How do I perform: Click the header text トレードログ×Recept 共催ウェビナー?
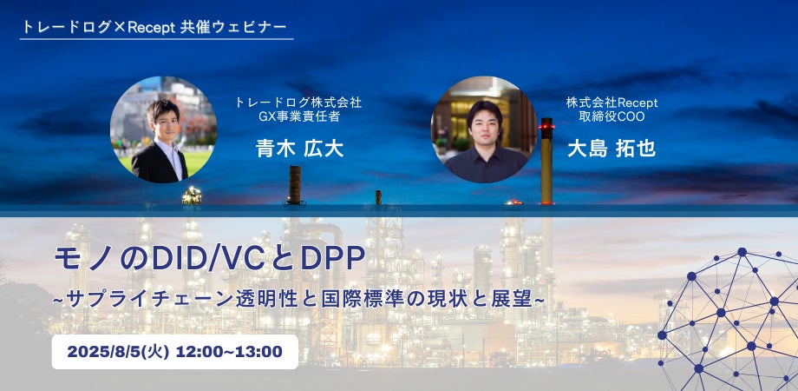[154, 27]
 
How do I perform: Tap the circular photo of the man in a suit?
[163, 129]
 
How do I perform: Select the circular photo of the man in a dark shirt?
[484, 129]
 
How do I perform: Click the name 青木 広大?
[300, 149]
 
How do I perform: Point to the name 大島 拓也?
[612, 149]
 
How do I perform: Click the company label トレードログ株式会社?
[298, 103]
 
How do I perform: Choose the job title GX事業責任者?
[299, 116]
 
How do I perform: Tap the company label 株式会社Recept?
[612, 103]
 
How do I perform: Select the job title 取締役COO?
[612, 116]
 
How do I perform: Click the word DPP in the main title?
[332, 260]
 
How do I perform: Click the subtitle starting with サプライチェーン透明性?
[299, 299]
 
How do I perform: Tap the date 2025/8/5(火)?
[118, 352]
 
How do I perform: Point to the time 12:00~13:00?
[229, 352]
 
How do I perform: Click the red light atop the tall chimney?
[547, 125]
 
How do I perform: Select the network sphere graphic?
[728, 320]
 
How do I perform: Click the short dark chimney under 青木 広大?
[295, 184]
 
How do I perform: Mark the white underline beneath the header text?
[157, 39]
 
